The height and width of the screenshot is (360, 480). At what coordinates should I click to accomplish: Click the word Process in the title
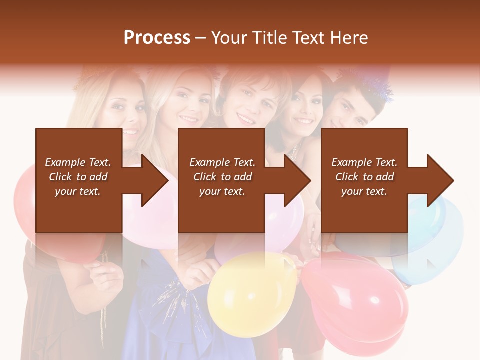pyautogui.click(x=157, y=38)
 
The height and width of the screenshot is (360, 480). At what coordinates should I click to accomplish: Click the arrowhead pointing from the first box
pyautogui.click(x=152, y=180)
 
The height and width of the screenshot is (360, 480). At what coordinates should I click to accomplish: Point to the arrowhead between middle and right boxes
pyautogui.click(x=295, y=180)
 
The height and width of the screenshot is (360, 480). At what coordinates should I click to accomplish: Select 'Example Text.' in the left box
pyautogui.click(x=78, y=162)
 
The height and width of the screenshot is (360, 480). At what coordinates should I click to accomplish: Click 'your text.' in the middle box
pyautogui.click(x=222, y=191)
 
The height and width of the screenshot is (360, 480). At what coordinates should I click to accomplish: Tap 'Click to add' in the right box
pyautogui.click(x=364, y=177)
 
